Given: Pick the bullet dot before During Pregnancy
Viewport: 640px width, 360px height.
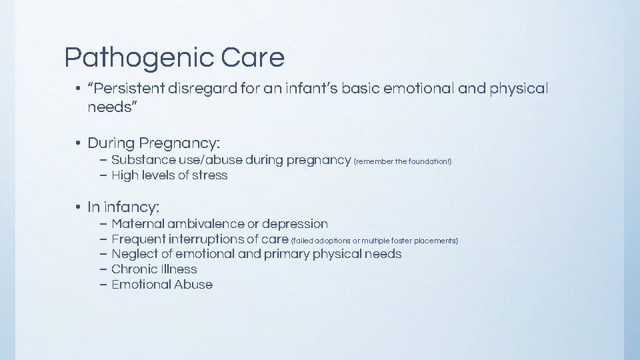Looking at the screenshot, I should [x=78, y=143].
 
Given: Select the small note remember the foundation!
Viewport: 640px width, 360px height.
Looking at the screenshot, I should [x=405, y=161].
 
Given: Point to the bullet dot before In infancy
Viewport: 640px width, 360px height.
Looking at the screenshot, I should [x=78, y=207].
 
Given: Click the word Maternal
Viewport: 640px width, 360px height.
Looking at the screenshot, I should [x=137, y=224].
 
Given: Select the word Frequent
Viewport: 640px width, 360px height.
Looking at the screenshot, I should [x=139, y=239].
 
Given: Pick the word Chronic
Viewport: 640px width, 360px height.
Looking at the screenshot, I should [x=131, y=269].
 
